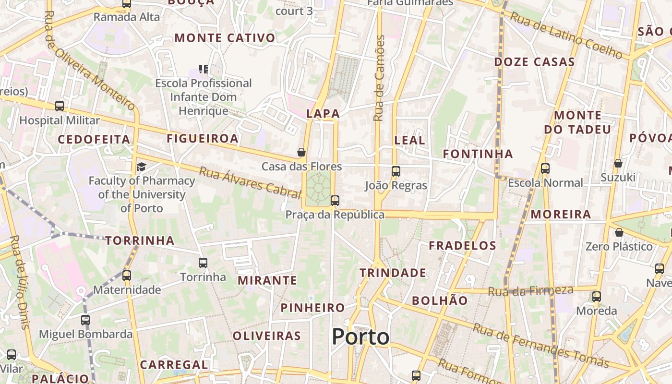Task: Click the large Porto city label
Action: (361, 336)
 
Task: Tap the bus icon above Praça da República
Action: (335, 201)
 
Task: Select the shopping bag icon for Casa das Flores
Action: (301, 153)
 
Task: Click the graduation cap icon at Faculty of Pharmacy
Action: (141, 167)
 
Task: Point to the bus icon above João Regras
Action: (396, 171)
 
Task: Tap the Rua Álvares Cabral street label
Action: (250, 182)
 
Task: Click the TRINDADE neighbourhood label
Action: (393, 273)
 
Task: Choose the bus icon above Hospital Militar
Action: (60, 106)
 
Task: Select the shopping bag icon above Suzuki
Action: (618, 163)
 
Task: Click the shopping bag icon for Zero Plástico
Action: (619, 232)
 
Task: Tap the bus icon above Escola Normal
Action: (545, 168)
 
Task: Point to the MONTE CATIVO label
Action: (225, 38)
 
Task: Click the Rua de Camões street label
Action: (380, 78)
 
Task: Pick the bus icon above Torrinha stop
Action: (203, 263)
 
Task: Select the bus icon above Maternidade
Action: (127, 276)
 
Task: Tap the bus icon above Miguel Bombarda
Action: (85, 320)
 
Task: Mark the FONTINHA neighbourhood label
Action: (478, 154)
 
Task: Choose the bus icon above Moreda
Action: (597, 297)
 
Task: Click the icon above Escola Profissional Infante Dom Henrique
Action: (204, 69)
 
